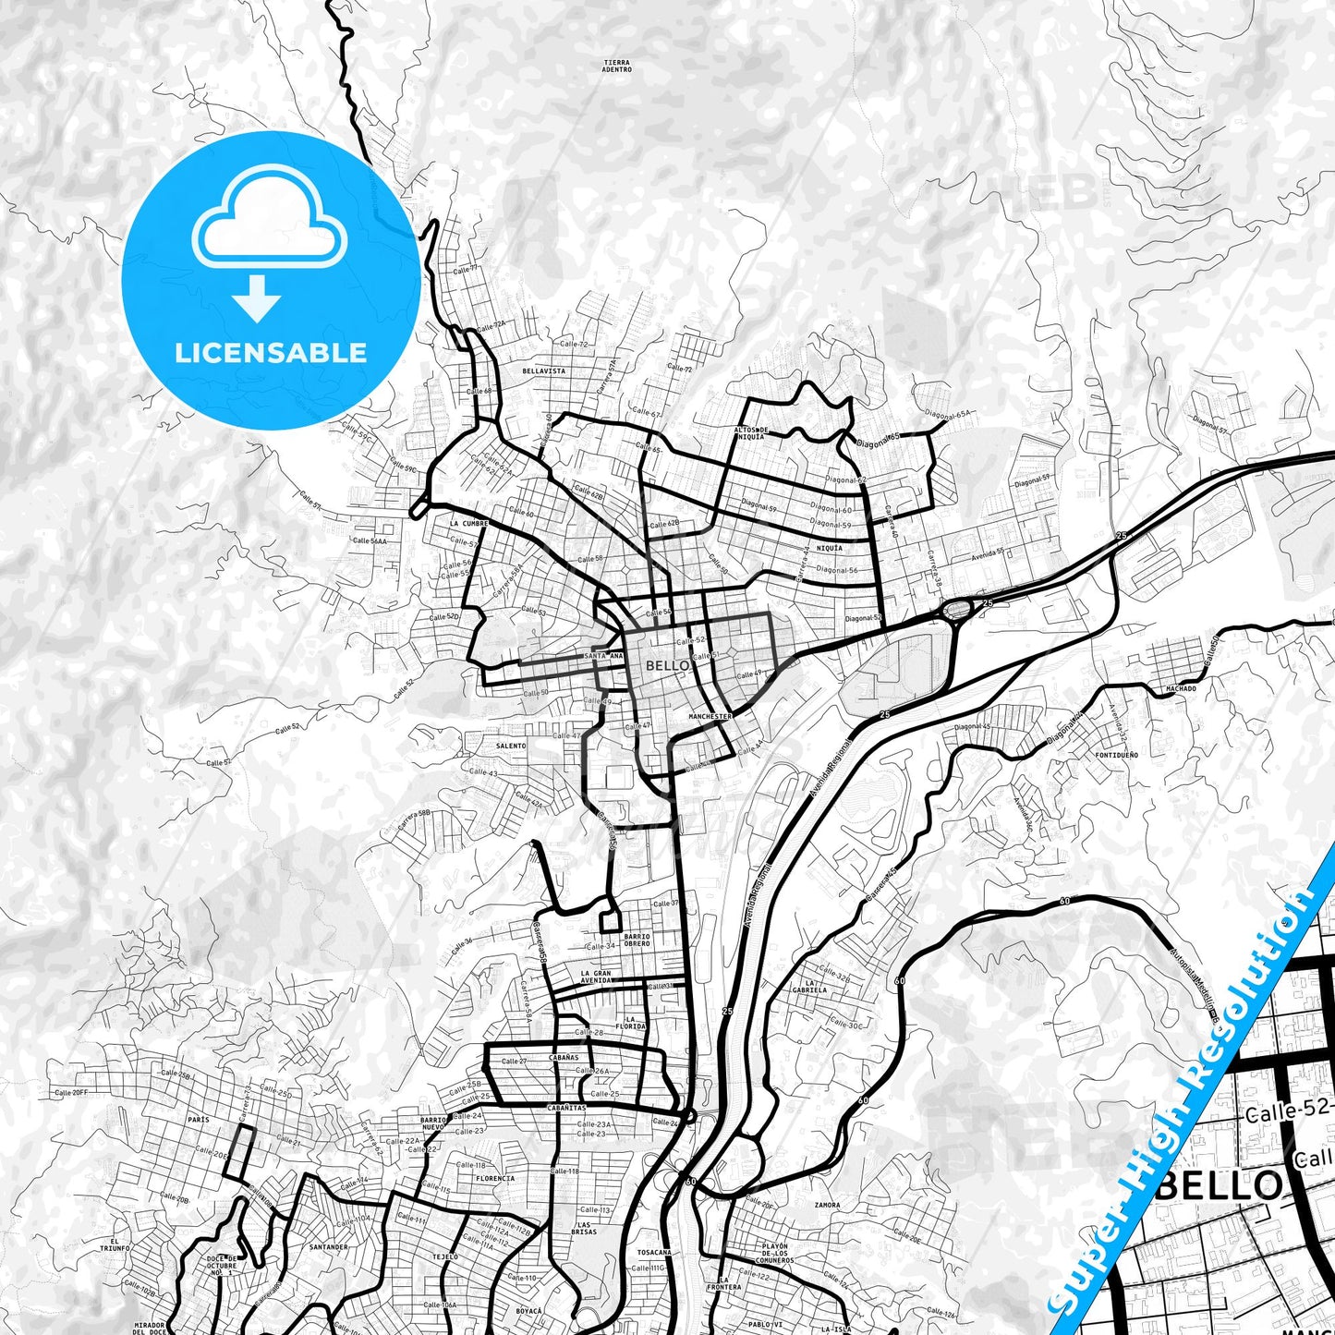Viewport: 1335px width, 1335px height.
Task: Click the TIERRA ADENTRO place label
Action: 616,66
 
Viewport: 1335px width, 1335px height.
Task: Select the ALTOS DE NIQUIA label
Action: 751,432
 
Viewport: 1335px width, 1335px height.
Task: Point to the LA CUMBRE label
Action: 468,523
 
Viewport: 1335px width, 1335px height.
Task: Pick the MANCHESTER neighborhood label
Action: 710,716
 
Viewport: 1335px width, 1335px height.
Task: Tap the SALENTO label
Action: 511,746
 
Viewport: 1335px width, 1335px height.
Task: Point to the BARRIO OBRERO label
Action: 637,941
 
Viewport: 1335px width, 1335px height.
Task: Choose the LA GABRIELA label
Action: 815,986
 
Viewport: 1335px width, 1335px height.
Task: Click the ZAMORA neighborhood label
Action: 827,1206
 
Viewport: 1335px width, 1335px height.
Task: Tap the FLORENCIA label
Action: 495,1179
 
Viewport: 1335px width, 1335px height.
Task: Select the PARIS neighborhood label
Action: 198,1119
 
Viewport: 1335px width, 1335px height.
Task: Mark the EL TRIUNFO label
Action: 115,1244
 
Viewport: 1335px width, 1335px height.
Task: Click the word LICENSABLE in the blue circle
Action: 271,353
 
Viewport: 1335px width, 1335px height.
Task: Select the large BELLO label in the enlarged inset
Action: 1219,1184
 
